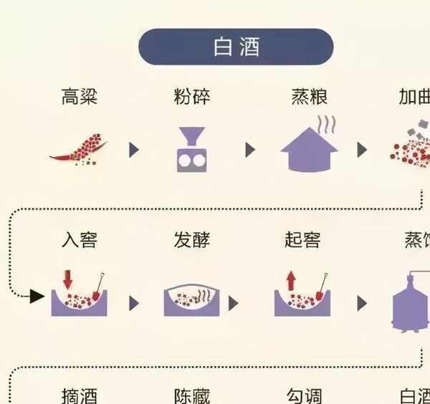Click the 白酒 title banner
point(236,47)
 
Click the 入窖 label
point(80,240)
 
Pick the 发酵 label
point(192,240)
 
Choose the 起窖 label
point(303,240)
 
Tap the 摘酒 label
point(80,395)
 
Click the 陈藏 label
point(192,395)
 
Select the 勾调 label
point(303,395)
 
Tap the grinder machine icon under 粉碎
point(191,150)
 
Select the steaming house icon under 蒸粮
point(309,149)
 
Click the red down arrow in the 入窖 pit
point(68,279)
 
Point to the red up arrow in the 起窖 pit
point(291,279)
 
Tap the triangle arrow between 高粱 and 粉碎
point(133,150)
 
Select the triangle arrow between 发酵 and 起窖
point(234,303)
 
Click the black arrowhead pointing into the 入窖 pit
point(37,295)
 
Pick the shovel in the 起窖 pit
point(318,287)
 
